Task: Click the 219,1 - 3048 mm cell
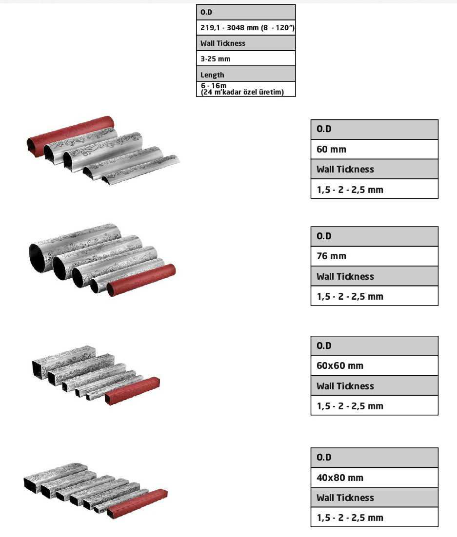(x=246, y=27)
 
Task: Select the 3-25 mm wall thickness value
(x=246, y=58)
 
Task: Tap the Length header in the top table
(x=246, y=74)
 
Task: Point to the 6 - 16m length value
(x=246, y=89)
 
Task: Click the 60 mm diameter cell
(x=375, y=149)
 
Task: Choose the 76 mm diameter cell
(x=375, y=256)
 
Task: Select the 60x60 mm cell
(x=375, y=365)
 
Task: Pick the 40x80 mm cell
(x=375, y=478)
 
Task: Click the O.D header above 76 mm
(x=375, y=236)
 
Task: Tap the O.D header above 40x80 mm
(x=375, y=457)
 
